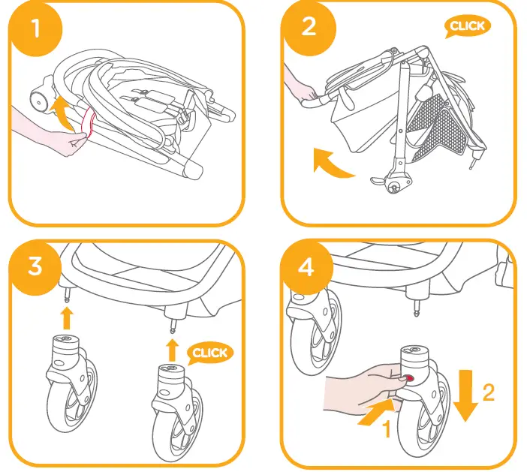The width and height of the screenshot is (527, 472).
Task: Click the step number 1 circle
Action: pyautogui.click(x=35, y=29)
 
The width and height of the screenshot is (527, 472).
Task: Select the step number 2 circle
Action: pyautogui.click(x=309, y=26)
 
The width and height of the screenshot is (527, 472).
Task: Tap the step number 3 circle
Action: pyautogui.click(x=35, y=266)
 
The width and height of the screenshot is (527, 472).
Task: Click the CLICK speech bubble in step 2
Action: pyautogui.click(x=466, y=26)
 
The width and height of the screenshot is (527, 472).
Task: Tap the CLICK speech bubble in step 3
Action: pyautogui.click(x=209, y=353)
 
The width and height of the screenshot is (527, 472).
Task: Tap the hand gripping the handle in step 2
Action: pyautogui.click(x=301, y=92)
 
